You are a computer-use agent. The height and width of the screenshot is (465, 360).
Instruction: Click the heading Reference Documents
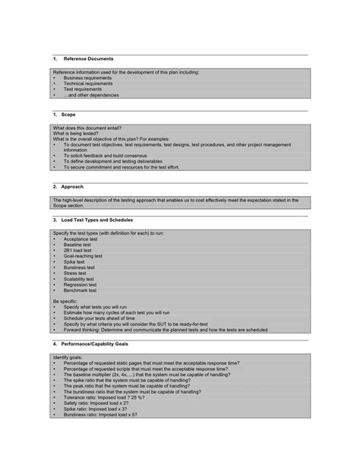tap(88, 59)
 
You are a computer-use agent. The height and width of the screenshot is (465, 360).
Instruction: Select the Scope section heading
tap(68, 114)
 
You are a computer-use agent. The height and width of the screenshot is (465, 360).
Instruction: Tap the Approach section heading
tap(73, 186)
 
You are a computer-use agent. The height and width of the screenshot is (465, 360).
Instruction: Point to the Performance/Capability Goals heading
tap(106, 343)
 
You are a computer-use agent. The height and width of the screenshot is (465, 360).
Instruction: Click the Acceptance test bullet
tap(81, 239)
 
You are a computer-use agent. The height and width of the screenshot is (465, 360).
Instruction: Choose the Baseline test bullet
tap(77, 245)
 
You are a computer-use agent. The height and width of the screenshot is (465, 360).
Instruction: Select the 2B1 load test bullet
tap(78, 251)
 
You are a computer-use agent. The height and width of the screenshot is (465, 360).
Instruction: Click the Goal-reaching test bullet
tap(83, 257)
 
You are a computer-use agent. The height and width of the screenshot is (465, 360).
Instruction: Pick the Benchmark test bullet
tap(80, 290)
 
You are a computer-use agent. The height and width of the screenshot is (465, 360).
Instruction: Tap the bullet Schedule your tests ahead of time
tap(107, 318)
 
